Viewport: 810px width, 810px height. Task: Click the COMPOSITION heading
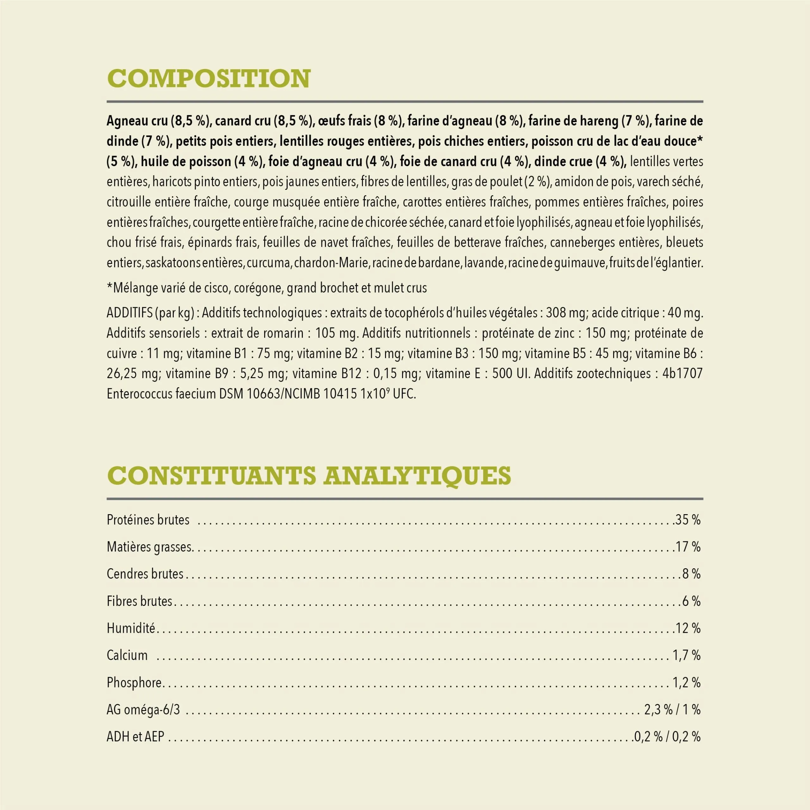coord(209,78)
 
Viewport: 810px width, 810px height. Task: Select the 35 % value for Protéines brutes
coord(688,520)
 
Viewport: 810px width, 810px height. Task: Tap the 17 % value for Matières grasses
coord(688,547)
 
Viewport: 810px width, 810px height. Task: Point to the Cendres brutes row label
coord(145,574)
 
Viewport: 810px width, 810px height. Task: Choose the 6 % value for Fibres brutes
coord(691,601)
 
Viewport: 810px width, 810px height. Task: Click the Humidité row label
coord(131,628)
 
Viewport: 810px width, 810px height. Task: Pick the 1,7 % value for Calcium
coord(687,655)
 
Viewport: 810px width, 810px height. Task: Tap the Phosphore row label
coord(134,682)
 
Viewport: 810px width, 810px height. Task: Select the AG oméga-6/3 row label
coord(143,710)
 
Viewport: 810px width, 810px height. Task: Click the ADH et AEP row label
coord(135,737)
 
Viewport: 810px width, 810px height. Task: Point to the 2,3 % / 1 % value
coord(672,710)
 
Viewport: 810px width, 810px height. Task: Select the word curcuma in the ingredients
coord(268,263)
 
